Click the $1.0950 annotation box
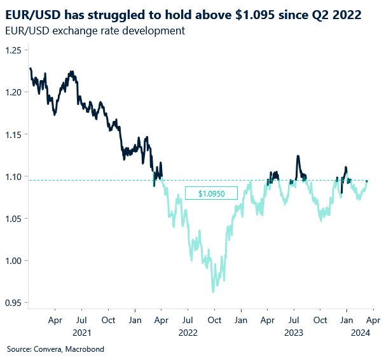[210, 193]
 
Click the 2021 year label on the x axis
[81, 333]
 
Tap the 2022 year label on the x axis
[188, 333]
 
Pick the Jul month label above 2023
[294, 321]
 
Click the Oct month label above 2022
[214, 321]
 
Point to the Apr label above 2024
[373, 321]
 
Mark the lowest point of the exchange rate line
[213, 292]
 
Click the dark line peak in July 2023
[297, 156]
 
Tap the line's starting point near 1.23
[29, 68]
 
